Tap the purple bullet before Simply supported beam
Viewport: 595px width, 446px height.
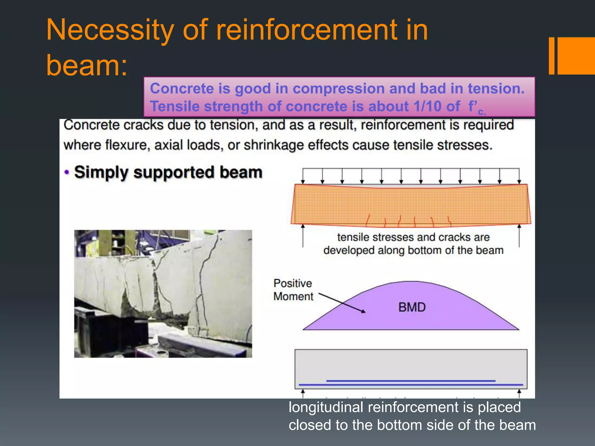pos(67,172)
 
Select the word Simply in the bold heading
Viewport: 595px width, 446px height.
pos(101,172)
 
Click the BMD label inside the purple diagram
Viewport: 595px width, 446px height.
pos(412,307)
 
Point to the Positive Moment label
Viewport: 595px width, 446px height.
pos(293,290)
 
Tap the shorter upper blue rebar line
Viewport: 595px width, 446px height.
pos(411,380)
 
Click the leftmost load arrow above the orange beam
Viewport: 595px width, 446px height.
pos(303,176)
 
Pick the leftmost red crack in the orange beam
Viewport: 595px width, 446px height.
pos(368,220)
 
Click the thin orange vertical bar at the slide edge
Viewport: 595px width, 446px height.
pos(551,56)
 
